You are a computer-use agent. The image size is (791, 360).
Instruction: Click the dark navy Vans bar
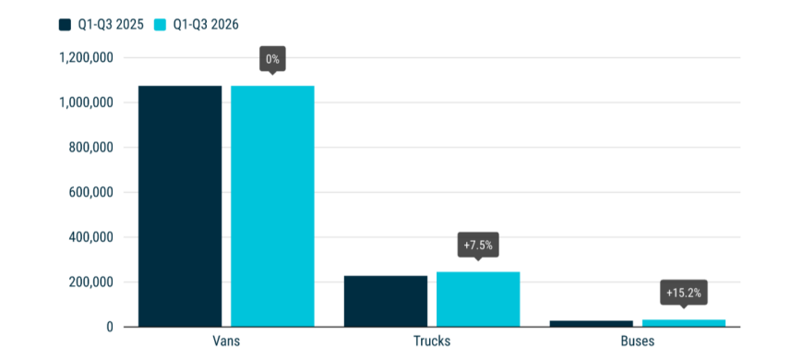tap(180, 206)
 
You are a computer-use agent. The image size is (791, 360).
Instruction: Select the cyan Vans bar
tap(272, 206)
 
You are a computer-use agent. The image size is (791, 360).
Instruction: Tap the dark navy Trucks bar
tap(386, 301)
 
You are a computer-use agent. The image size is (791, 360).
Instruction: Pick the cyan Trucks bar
tap(478, 299)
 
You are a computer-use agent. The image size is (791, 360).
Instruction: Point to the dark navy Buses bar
tap(592, 324)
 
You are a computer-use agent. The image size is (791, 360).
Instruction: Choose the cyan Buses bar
tap(684, 323)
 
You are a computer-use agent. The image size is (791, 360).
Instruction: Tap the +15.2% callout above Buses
tap(684, 294)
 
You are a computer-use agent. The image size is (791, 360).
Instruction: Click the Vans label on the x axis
tap(226, 342)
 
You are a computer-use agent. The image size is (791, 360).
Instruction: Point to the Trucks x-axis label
tap(432, 342)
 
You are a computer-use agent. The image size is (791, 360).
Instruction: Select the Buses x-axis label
tap(638, 342)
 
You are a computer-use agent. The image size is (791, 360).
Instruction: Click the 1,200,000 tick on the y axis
tap(86, 58)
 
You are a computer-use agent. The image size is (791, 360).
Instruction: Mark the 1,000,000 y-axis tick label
tap(86, 102)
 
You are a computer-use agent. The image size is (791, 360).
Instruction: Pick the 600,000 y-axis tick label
tap(90, 193)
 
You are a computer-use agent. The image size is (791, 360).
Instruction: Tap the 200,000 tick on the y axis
tap(90, 282)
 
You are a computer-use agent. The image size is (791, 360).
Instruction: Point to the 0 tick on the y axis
tap(110, 327)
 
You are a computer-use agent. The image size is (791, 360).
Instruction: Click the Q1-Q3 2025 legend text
tap(111, 25)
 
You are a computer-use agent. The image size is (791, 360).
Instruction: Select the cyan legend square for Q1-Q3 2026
tap(162, 25)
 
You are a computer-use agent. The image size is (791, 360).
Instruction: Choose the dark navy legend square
tap(66, 25)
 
